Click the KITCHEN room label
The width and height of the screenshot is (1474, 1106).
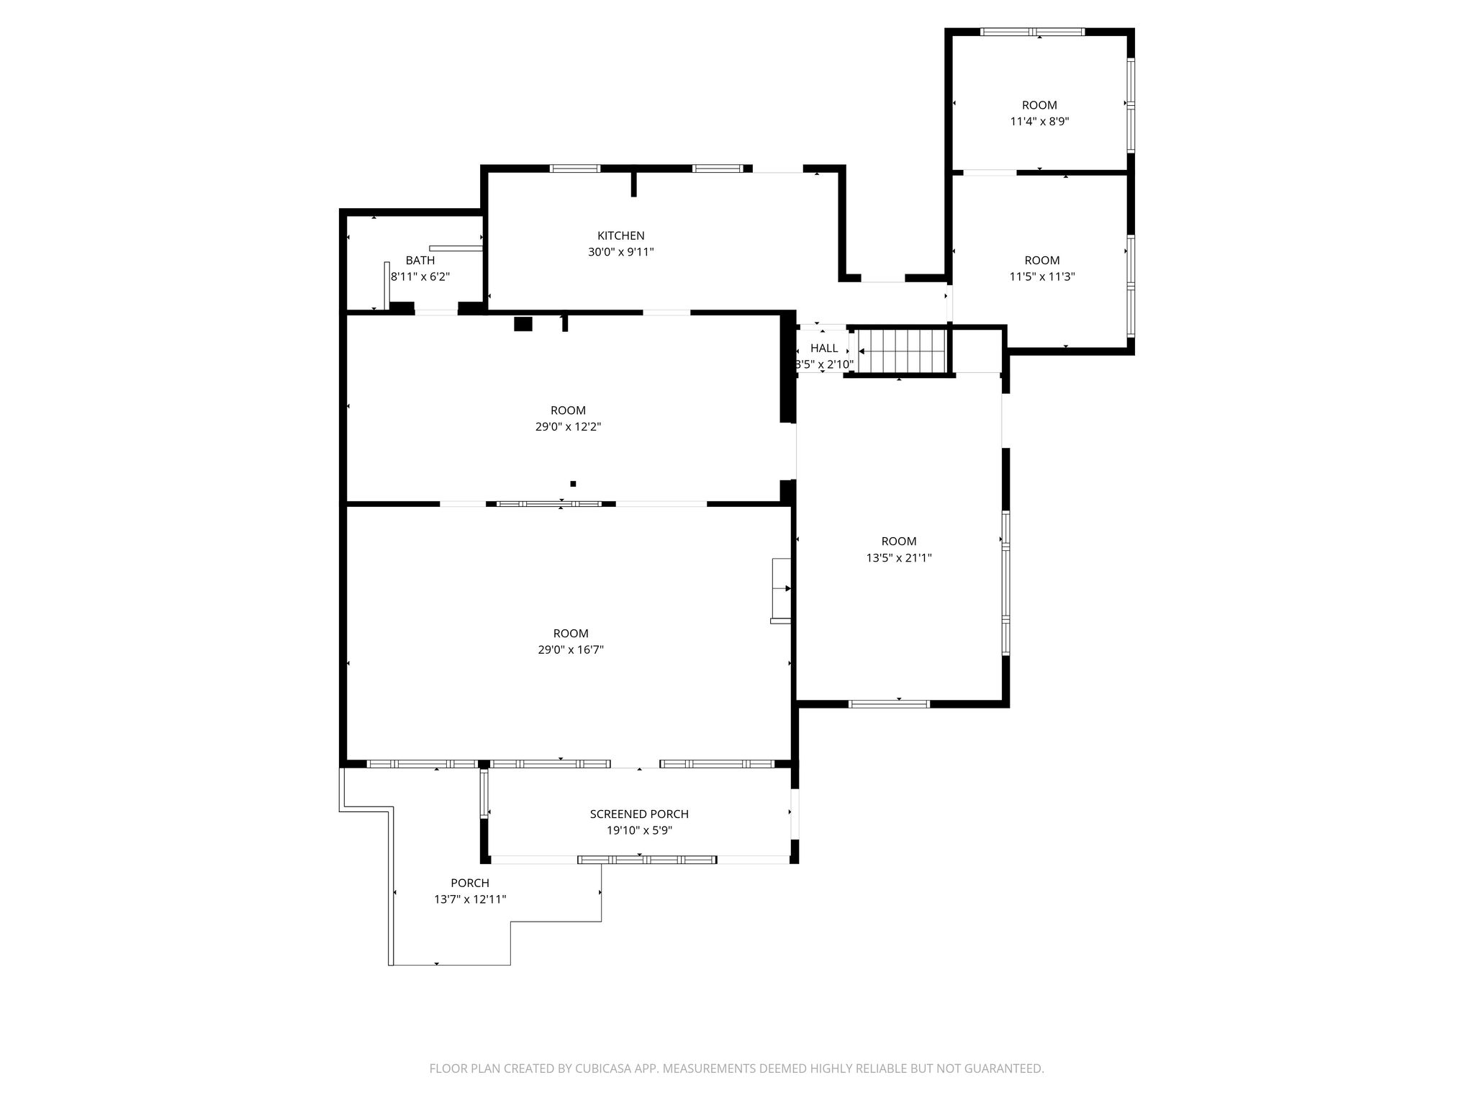pyautogui.click(x=620, y=235)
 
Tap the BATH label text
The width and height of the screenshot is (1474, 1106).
pyautogui.click(x=420, y=260)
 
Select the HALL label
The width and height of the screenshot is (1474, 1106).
pyautogui.click(x=824, y=348)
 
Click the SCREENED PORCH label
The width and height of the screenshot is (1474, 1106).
pyautogui.click(x=639, y=814)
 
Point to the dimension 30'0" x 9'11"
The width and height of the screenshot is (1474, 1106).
pyautogui.click(x=620, y=252)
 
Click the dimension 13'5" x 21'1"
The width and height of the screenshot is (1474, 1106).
pyautogui.click(x=899, y=557)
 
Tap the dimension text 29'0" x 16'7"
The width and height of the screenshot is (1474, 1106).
pyautogui.click(x=571, y=649)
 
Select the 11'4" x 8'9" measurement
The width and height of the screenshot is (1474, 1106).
pyautogui.click(x=1039, y=122)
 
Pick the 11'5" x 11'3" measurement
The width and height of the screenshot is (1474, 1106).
pyautogui.click(x=1042, y=276)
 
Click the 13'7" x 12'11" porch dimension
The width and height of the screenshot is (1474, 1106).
pyautogui.click(x=470, y=899)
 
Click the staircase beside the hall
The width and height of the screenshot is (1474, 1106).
pyautogui.click(x=901, y=351)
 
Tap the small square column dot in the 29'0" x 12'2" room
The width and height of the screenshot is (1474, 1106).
pyautogui.click(x=573, y=484)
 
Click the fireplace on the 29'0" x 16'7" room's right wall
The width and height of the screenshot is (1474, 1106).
pyautogui.click(x=782, y=590)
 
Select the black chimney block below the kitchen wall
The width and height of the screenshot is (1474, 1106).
pyautogui.click(x=523, y=324)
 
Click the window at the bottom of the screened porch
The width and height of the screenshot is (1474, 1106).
pyautogui.click(x=647, y=859)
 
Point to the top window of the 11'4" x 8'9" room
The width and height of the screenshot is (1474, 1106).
pyautogui.click(x=1032, y=32)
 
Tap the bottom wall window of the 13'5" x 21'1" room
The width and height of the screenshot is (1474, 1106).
pyautogui.click(x=890, y=703)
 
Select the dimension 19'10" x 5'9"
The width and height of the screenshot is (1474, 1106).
pyautogui.click(x=639, y=830)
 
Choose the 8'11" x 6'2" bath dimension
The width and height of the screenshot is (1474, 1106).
pyautogui.click(x=420, y=276)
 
